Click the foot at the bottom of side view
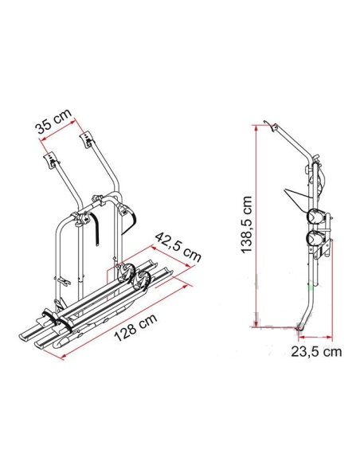coord(301,327)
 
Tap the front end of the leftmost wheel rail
coord(36,338)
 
